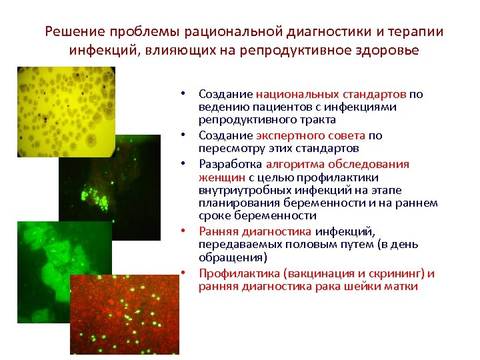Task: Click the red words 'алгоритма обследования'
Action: pyautogui.click(x=337, y=164)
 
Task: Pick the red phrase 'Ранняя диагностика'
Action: pyautogui.click(x=255, y=231)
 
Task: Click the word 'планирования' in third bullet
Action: pyautogui.click(x=231, y=203)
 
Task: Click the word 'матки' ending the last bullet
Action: pyautogui.click(x=400, y=287)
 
